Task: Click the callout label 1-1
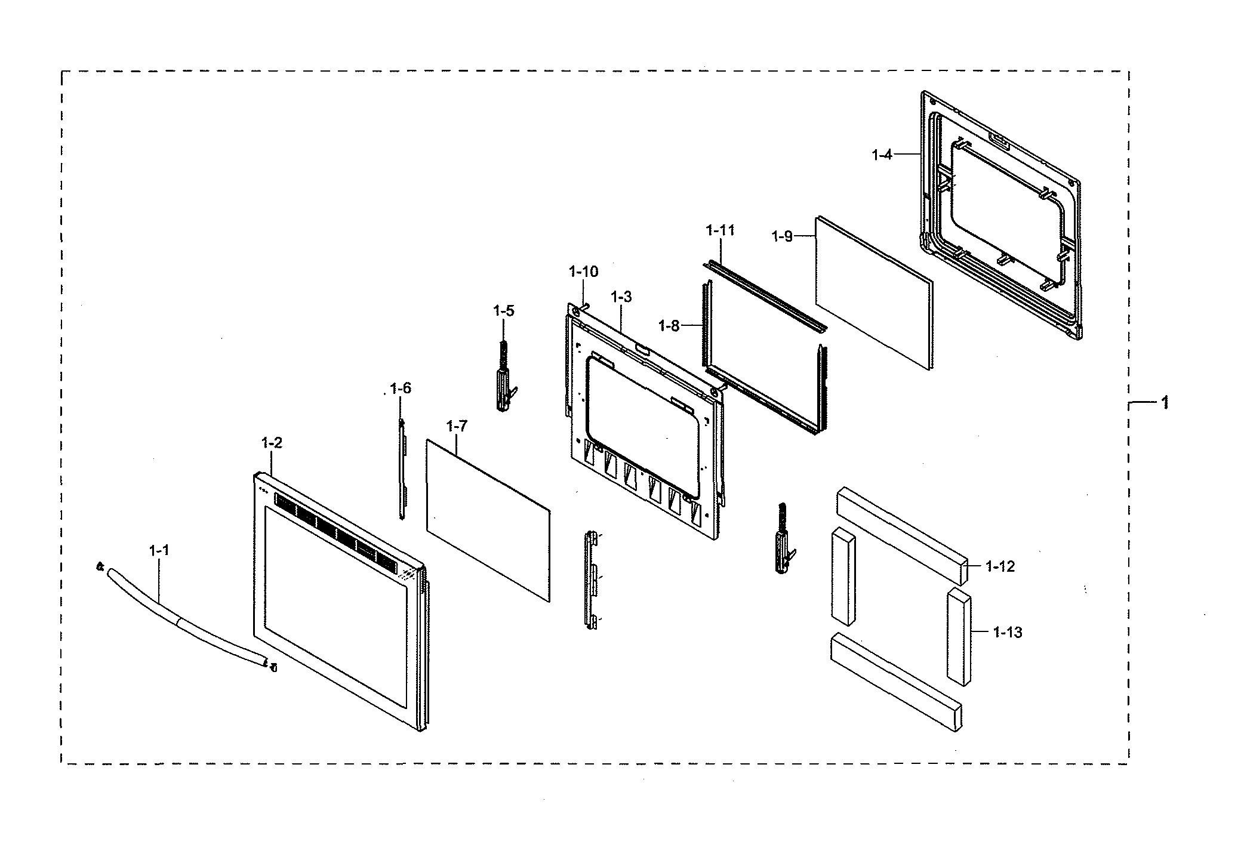point(159,550)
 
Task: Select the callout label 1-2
point(272,443)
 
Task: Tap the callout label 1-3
point(621,297)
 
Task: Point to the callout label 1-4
point(882,155)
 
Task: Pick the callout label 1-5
point(504,311)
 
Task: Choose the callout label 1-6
point(401,389)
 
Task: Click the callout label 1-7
point(457,426)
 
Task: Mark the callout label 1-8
point(669,325)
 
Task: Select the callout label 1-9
point(782,236)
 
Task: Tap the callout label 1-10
point(583,272)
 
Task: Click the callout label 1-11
point(720,230)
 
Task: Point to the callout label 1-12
point(1000,566)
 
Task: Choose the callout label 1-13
point(1008,632)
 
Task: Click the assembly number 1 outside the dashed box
point(1164,403)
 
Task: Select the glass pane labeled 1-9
point(874,293)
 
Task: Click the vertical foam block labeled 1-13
point(959,636)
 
